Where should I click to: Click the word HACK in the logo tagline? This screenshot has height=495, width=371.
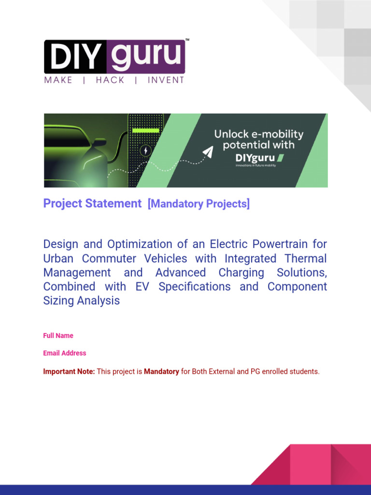click(110, 80)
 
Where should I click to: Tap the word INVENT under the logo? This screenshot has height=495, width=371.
click(166, 80)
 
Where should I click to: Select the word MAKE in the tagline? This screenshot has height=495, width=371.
click(58, 80)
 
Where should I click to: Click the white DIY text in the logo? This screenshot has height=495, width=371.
click(75, 57)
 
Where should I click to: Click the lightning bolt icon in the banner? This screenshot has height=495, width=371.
click(145, 151)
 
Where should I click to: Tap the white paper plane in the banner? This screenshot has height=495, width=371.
click(207, 152)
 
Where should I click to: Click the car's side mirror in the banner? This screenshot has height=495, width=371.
click(100, 142)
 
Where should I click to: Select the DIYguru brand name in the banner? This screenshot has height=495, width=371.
click(253, 157)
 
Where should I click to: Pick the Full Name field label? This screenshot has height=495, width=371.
click(58, 335)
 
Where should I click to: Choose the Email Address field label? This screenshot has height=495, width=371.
click(65, 353)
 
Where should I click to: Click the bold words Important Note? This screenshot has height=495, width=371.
click(69, 372)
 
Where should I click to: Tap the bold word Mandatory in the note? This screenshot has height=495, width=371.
click(161, 372)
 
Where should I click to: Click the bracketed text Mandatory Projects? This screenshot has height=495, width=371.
click(199, 204)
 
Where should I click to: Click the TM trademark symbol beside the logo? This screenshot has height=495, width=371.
click(187, 41)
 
